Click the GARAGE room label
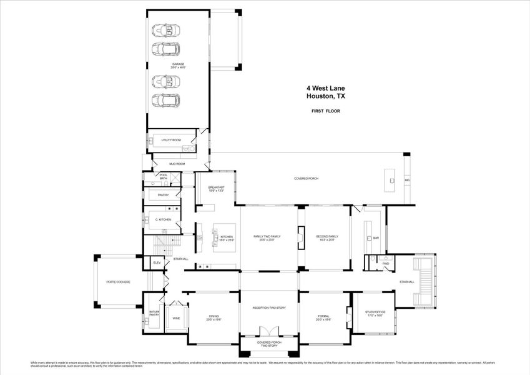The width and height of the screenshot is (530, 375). tap(179, 66)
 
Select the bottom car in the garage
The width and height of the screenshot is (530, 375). tap(167, 100)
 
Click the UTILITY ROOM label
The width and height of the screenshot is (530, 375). tap(170, 140)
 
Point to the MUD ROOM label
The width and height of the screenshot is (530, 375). tap(177, 164)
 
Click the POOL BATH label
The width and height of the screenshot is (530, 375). tap(164, 177)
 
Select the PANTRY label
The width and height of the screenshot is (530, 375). tap(163, 195)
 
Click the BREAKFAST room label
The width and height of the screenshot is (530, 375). tap(217, 189)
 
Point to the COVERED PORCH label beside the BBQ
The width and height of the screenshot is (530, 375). tap(306, 179)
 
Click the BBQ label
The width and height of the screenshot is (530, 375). tap(407, 181)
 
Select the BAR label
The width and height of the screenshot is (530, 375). tap(376, 238)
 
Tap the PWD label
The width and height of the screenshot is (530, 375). tap(386, 264)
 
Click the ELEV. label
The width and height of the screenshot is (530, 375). tap(157, 263)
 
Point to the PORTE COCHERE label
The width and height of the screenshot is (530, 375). tap(118, 282)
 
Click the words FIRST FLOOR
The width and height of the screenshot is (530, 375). tap(325, 111)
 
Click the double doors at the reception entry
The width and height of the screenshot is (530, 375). tap(269, 331)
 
